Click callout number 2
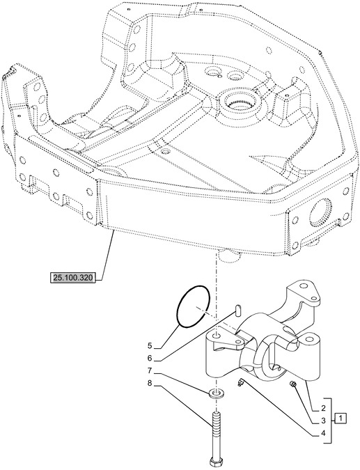324,407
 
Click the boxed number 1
341,418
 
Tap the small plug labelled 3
295,386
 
